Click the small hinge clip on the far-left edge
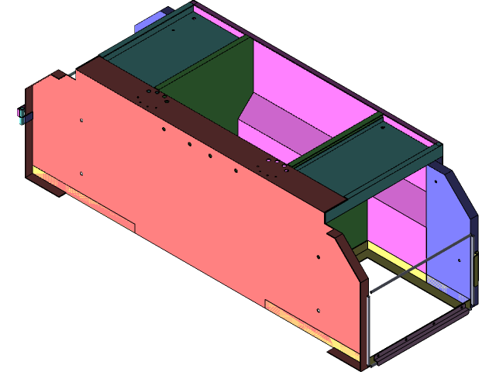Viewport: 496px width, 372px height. click(x=22, y=116)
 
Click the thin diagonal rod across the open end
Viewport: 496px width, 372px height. click(x=418, y=264)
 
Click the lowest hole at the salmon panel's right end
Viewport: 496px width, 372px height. click(x=318, y=311)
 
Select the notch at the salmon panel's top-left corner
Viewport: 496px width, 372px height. click(x=60, y=74)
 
